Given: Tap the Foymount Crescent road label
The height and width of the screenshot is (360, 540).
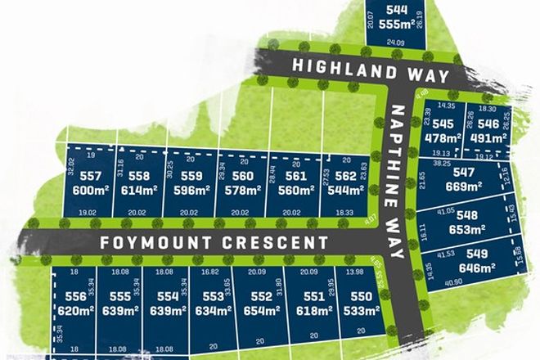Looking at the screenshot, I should click(215, 242).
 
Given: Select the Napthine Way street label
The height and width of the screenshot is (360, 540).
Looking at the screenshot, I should click(398, 182).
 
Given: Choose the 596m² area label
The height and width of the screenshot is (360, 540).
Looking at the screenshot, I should click(191, 190).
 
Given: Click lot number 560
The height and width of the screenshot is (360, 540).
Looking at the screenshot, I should click(242, 177).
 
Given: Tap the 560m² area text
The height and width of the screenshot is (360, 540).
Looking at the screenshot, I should click(293, 190).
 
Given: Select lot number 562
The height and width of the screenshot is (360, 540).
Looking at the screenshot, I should click(344, 177).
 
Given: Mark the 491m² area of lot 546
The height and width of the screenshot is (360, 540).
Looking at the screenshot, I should click(483, 137).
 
